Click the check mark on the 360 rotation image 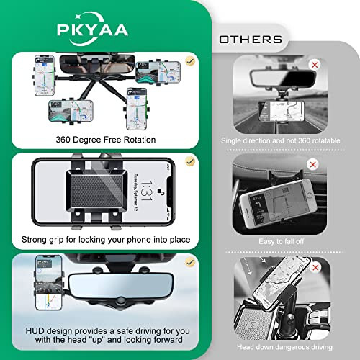tap(189, 62)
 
